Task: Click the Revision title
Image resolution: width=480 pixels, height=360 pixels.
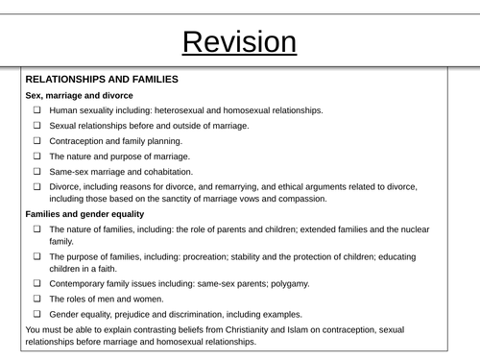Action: tap(239, 42)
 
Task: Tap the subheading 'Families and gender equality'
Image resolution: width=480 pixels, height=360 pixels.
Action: tap(84, 214)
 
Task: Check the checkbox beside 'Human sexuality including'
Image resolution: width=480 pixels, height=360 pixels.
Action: tap(36, 110)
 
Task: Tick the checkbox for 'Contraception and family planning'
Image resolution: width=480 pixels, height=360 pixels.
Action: tap(36, 140)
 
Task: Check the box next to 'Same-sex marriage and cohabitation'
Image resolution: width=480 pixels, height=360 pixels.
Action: tap(36, 171)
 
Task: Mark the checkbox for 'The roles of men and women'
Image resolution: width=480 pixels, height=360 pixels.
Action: tap(36, 300)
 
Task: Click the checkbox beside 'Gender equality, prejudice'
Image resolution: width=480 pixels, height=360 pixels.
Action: tap(36, 314)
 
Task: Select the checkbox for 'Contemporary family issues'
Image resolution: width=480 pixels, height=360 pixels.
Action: tap(36, 284)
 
